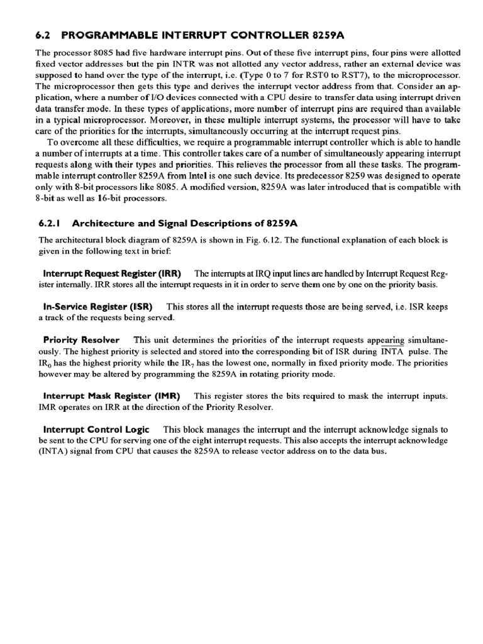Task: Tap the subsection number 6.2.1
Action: tap(52, 222)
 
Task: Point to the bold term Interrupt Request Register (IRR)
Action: tap(112, 274)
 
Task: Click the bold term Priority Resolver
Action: tap(81, 340)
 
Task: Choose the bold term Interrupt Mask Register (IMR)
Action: tap(111, 396)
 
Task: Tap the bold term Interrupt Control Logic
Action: tap(96, 430)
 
